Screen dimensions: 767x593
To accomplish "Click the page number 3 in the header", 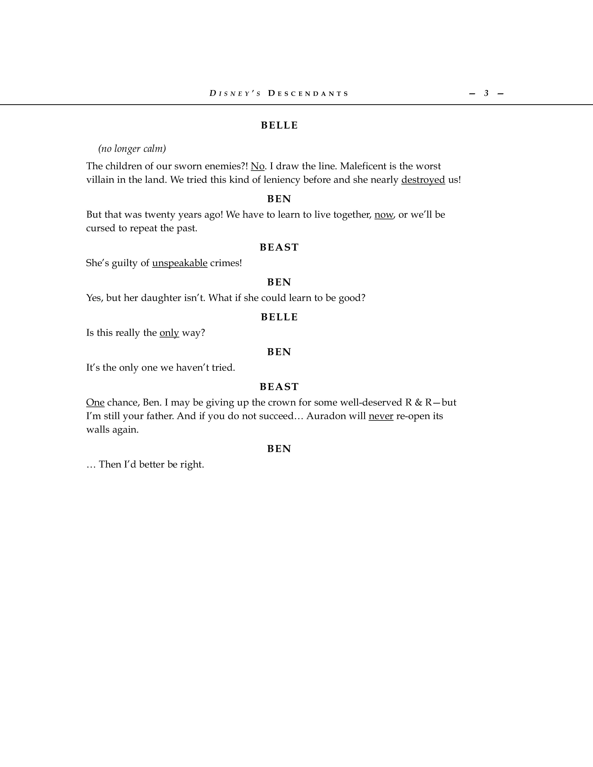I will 486,93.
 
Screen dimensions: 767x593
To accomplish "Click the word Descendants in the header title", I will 308,93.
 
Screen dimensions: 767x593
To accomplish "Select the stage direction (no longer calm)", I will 132,149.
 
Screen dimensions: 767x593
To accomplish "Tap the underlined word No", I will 257,166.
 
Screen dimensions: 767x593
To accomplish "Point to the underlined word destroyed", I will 423,180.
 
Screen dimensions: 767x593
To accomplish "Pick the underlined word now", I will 384,215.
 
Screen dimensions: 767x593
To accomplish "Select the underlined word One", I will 95,402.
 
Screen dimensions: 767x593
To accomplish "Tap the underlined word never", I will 381,416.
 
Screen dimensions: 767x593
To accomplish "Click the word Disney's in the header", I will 235,93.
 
